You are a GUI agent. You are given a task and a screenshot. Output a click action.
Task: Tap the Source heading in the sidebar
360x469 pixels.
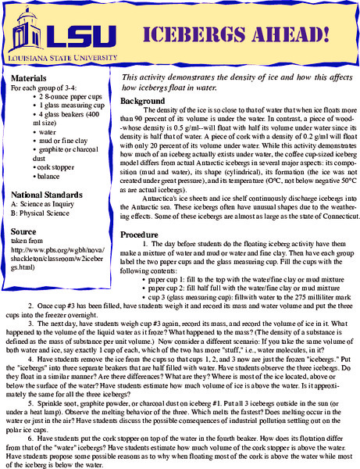pos(24,232)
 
